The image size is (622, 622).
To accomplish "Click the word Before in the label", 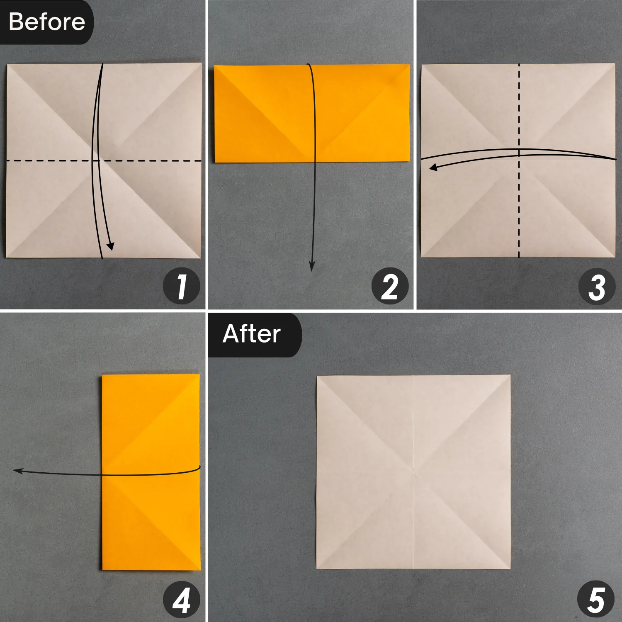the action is [46, 22].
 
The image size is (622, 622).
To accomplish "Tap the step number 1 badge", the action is [182, 287].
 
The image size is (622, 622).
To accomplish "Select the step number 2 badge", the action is [390, 287].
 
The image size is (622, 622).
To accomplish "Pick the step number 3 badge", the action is [597, 287].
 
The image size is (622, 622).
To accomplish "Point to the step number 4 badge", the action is [182, 600].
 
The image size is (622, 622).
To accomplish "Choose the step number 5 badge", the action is [596, 600].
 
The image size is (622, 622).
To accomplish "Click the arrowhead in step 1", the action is [110, 246].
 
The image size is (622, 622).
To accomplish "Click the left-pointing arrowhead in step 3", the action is [433, 167].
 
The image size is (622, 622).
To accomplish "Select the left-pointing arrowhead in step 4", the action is [18, 471].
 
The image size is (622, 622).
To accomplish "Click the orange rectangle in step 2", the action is [312, 113].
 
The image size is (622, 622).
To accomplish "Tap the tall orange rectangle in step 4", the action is [151, 472].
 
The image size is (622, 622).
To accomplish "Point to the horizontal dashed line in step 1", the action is [104, 160].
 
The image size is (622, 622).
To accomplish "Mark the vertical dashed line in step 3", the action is [519, 161].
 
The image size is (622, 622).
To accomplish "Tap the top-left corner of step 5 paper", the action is [317, 376].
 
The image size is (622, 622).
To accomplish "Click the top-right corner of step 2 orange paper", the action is [410, 65].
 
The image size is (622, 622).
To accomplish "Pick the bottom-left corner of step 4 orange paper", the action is [102, 570].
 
